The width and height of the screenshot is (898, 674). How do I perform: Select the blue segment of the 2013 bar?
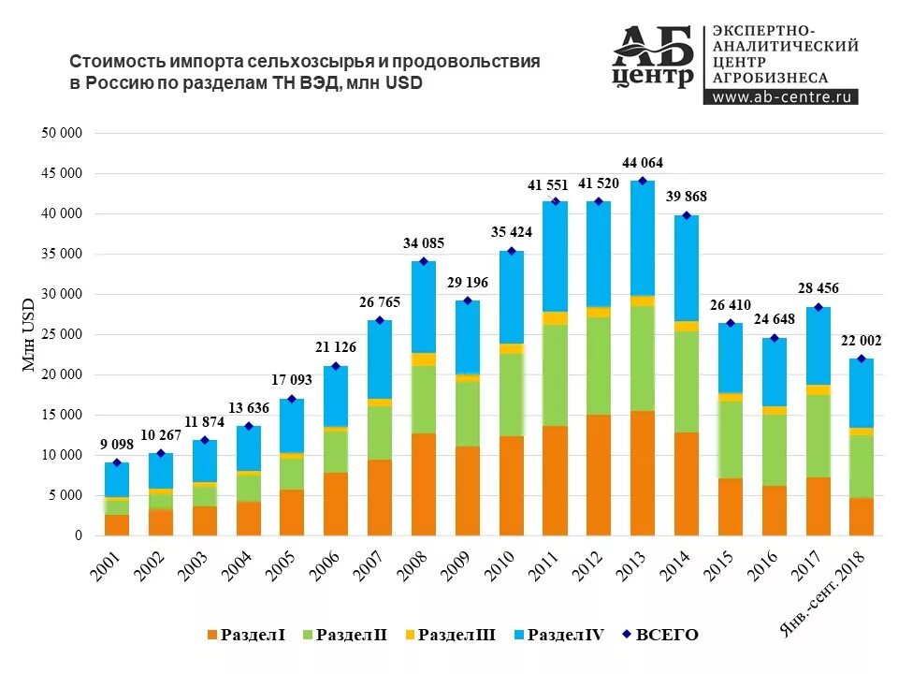642,239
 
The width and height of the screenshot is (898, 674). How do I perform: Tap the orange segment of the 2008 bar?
423,484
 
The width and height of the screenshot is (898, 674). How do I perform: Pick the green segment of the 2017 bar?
818,436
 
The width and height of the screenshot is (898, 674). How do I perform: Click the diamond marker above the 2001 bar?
117,462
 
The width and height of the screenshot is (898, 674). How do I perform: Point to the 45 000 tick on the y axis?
62,174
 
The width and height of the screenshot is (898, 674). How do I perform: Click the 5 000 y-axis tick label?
65,495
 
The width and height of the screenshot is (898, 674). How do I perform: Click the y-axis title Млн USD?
28,335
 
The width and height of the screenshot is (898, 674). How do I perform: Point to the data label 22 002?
862,341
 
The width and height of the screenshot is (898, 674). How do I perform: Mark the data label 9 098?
117,445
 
